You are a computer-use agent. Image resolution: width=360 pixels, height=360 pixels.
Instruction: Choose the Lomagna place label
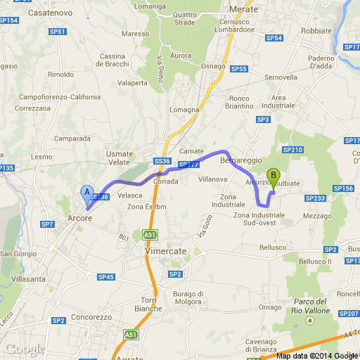coord(184,111)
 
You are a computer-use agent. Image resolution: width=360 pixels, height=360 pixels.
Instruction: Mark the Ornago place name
coord(270,307)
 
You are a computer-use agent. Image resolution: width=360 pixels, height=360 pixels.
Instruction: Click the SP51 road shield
coord(58,32)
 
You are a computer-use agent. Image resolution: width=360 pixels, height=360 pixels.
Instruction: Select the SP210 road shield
coord(292,150)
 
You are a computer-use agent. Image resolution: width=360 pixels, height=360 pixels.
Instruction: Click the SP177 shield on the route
coord(188,165)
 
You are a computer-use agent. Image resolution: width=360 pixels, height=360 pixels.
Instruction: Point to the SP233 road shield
coord(317,198)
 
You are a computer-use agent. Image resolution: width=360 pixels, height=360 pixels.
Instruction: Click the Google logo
coord(25,349)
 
